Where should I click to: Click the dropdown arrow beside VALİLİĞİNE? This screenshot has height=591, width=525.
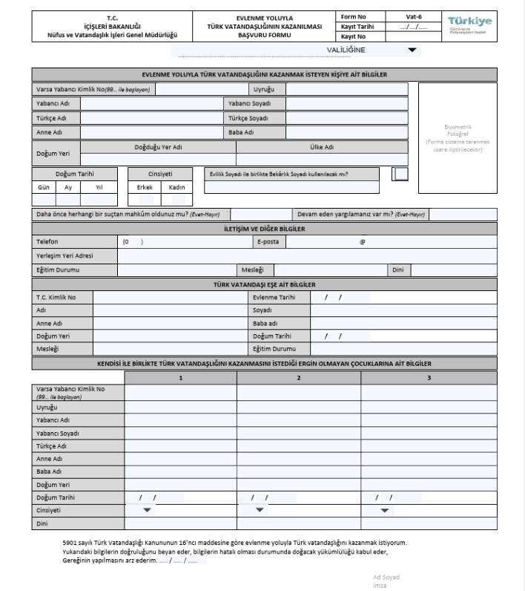tap(413, 50)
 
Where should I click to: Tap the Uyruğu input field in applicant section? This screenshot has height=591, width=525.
tap(347, 89)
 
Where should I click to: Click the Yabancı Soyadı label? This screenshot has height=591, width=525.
tap(249, 103)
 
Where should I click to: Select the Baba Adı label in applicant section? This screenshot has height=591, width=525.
tap(241, 132)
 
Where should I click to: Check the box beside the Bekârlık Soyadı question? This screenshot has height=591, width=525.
tap(400, 174)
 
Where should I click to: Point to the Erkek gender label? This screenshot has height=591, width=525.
tap(145, 187)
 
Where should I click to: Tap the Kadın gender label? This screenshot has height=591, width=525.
tap(176, 187)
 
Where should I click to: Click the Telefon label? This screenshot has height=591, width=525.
tap(47, 242)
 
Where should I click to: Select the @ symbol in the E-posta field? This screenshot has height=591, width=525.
tap(362, 242)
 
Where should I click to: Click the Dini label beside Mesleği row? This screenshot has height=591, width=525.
tap(398, 270)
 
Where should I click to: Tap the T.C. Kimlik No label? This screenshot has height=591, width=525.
tap(56, 297)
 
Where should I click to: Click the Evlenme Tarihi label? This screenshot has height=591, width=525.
tap(274, 297)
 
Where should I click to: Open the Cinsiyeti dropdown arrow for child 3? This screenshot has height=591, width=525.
tap(385, 510)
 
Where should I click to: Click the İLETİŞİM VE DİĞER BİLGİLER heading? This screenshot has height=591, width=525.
tap(264, 229)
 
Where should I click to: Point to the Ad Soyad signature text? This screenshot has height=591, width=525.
tap(386, 577)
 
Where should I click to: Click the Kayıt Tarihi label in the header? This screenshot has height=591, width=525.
tap(357, 26)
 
